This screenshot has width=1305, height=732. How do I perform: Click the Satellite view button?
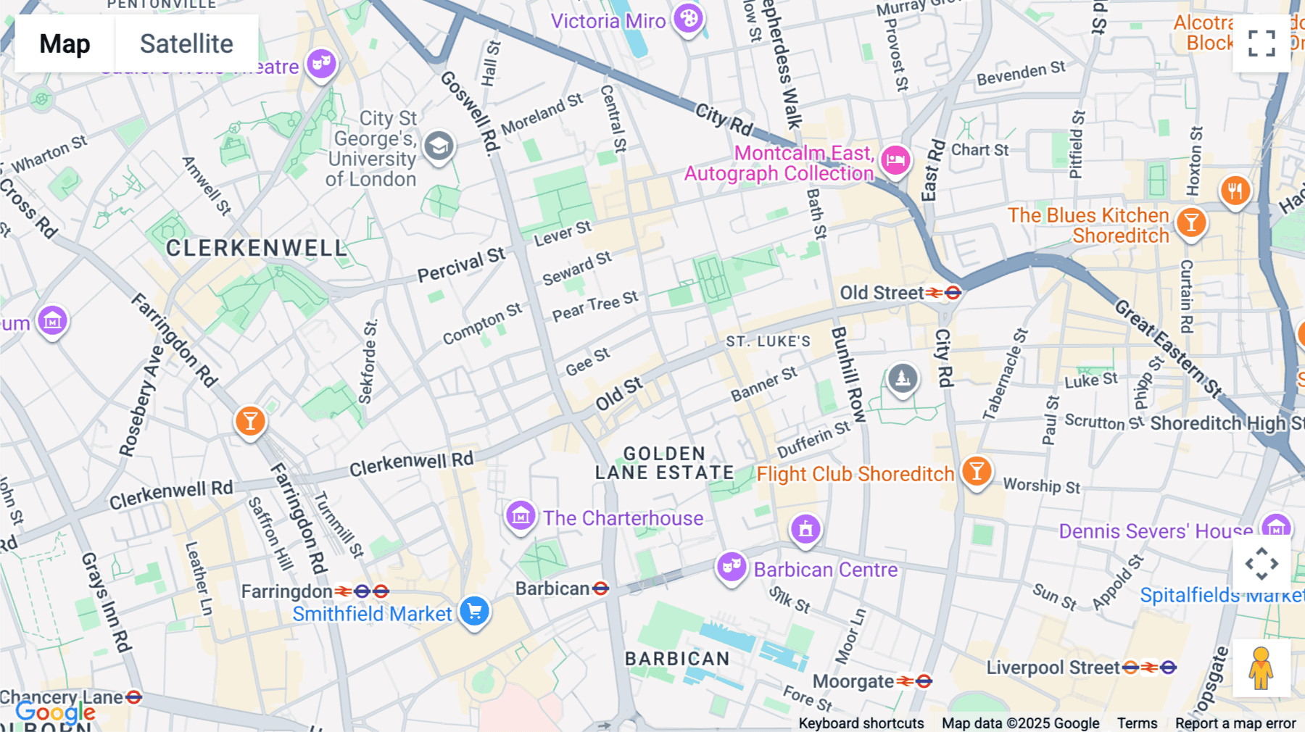coord(186,43)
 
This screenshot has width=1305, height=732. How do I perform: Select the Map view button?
coord(65,43)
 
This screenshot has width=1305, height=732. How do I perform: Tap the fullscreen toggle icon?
coord(1261,43)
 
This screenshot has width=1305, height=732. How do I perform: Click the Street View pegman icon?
coord(1261,668)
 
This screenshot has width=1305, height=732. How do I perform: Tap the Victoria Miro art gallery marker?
coord(688,19)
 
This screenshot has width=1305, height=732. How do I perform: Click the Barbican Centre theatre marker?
coord(732,567)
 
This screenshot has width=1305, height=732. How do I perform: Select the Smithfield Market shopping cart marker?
coord(475,611)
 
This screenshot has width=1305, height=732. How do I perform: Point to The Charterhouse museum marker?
coord(521,516)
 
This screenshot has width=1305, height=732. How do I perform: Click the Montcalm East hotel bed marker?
coord(895,160)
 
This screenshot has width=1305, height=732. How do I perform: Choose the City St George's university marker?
coord(439,146)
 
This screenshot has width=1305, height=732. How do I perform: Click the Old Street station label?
coord(882,293)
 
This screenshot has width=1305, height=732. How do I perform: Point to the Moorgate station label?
coord(853,681)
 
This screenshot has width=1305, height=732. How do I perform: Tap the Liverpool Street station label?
coord(1053,667)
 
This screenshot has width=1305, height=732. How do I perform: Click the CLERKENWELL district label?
coord(257,249)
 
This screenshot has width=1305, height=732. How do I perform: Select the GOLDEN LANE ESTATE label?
coord(664,463)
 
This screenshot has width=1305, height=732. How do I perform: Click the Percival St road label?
coord(461,265)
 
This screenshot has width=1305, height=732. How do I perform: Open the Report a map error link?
coord(1235,723)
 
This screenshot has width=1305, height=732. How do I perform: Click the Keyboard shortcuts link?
coord(861,723)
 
